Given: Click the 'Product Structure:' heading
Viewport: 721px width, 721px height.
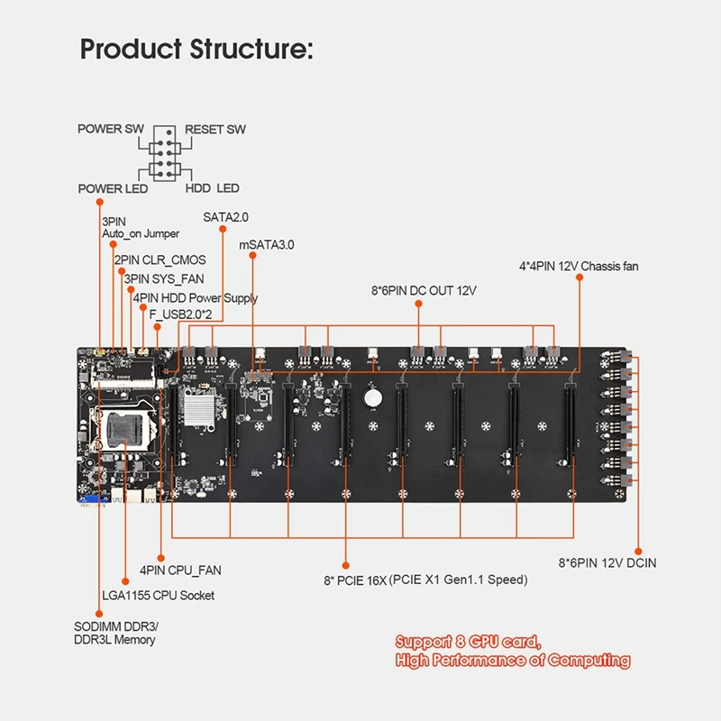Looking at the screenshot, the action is tap(196, 49).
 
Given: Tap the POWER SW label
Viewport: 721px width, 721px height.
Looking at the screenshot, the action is tap(110, 129).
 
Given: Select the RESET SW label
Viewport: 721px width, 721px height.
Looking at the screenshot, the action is tap(215, 129).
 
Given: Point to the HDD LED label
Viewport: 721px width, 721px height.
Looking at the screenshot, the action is tap(213, 188).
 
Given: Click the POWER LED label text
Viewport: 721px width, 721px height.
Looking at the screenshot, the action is tap(113, 188).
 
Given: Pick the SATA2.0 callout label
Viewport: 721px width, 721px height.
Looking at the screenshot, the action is tap(225, 217).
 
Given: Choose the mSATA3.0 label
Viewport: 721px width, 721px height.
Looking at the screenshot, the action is tap(266, 244).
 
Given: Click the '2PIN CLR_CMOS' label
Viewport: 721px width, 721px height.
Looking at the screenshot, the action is tap(160, 260).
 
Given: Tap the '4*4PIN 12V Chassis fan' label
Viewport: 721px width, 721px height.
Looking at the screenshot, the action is tap(579, 266).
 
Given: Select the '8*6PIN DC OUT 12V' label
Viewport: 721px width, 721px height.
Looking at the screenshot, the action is tap(424, 290).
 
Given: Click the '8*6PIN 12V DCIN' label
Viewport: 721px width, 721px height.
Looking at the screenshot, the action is tap(607, 562).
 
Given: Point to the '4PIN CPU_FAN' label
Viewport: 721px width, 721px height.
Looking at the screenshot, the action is tap(180, 570).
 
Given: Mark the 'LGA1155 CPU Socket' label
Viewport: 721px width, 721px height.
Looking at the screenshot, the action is tap(159, 596).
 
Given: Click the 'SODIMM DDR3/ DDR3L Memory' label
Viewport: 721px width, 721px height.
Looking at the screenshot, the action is tap(116, 634).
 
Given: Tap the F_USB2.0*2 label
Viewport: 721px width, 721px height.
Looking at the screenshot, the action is tap(181, 315).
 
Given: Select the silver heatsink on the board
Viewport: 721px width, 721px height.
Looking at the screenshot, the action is tap(199, 406).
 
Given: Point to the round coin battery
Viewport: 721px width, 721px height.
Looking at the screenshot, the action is tap(372, 398).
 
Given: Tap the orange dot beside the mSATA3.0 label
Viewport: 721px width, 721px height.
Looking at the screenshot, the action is tap(252, 255).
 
